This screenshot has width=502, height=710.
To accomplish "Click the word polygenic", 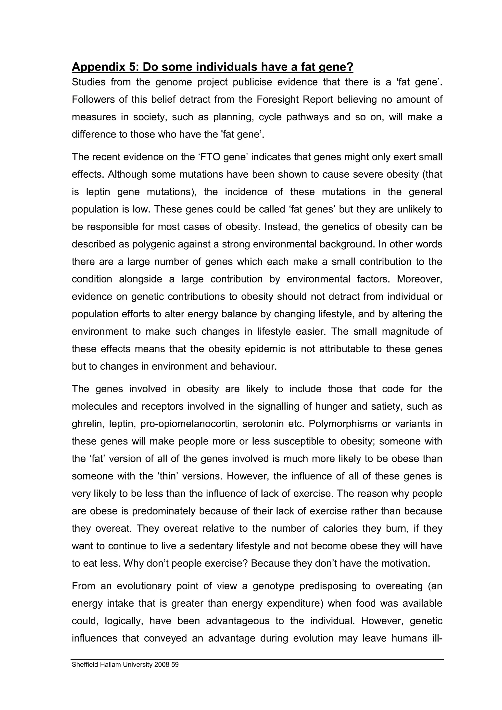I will [152, 244].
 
